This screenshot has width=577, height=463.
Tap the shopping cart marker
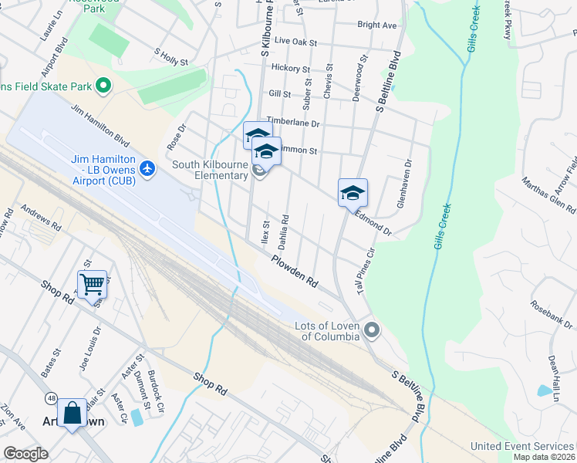tap(92, 284)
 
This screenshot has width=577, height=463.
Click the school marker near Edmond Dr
tap(353, 192)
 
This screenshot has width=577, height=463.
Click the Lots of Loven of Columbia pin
tap(373, 331)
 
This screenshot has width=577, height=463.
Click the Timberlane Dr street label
tap(292, 123)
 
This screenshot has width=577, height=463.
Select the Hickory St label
tap(291, 69)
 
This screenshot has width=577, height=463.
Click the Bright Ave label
tap(377, 25)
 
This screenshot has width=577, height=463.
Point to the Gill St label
tap(279, 94)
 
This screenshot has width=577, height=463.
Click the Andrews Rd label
tap(41, 218)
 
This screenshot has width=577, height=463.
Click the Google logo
tap(25, 454)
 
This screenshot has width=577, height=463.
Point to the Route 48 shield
tap(51, 397)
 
